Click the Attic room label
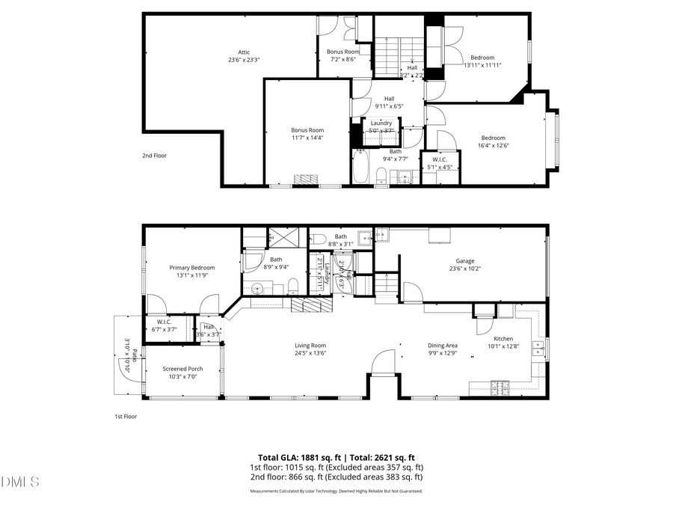[243, 52]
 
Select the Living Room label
[310, 346]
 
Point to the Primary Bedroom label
[191, 268]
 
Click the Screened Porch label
[182, 369]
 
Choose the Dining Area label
[442, 346]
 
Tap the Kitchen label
[503, 339]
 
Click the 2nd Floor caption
[154, 156]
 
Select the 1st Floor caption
[125, 416]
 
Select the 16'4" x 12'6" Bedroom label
[493, 138]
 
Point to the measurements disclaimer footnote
[336, 492]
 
